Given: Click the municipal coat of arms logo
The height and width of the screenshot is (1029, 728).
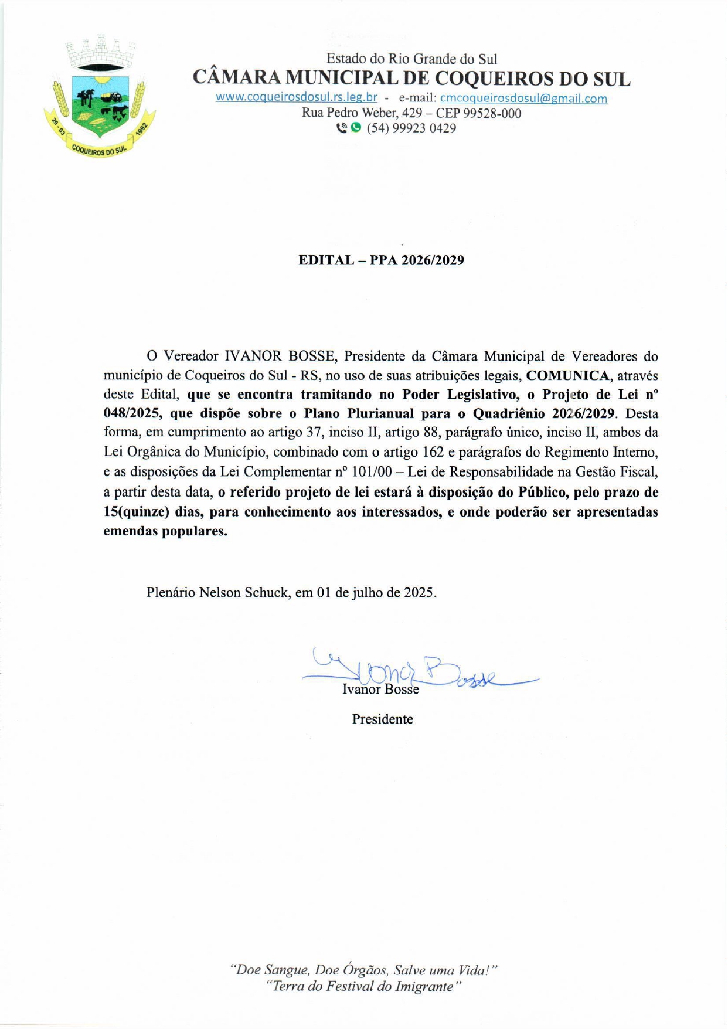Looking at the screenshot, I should [x=100, y=97].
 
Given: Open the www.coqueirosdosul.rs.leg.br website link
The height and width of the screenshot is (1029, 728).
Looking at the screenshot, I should [x=296, y=97].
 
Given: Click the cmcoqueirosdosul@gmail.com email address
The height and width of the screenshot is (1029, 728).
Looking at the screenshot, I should [x=523, y=99].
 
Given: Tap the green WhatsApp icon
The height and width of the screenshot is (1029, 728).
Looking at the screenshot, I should [x=356, y=127].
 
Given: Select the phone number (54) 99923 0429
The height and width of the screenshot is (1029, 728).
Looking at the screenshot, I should [x=411, y=128].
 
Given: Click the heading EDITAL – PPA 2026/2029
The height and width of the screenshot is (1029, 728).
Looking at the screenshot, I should [x=381, y=260].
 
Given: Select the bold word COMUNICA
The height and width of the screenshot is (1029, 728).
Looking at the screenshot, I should [x=567, y=375].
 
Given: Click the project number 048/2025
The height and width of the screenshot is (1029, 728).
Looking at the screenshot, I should [x=132, y=413].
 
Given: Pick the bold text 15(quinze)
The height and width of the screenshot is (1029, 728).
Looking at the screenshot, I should [x=136, y=512].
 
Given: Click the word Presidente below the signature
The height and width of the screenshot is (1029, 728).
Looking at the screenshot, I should [x=382, y=719].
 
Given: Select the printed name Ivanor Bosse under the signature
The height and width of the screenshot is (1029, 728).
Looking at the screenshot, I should [x=380, y=690].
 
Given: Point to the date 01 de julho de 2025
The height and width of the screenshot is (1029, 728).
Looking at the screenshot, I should [x=376, y=593].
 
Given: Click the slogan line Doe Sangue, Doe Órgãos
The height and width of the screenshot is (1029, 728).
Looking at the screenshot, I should [x=363, y=969].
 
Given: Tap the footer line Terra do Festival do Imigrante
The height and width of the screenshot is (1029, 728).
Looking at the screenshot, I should [x=363, y=986].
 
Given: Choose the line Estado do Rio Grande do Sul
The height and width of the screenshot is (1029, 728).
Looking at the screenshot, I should [x=411, y=59].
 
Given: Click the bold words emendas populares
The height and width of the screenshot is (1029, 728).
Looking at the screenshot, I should [x=165, y=532].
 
